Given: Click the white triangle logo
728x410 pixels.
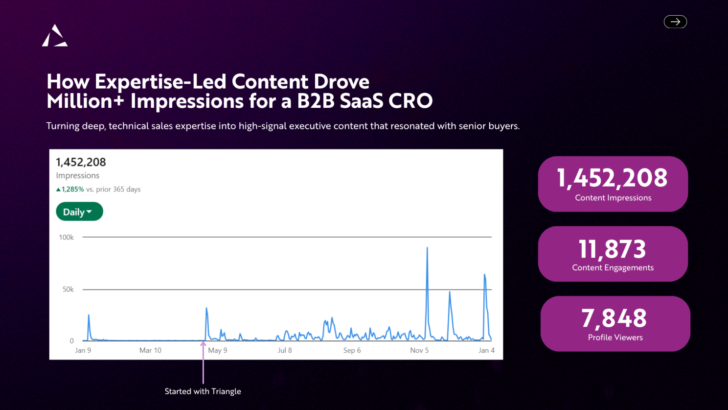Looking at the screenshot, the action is tap(55, 35).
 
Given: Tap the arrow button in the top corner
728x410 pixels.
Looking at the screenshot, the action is tap(675, 22).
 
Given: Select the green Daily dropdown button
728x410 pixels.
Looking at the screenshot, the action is tap(79, 212).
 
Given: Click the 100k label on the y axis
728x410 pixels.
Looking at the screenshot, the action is tap(67, 237).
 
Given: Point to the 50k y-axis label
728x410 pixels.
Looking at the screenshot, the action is tap(68, 289).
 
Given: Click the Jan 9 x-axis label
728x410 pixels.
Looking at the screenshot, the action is tap(83, 350).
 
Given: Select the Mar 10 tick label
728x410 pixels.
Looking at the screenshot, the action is tap(150, 350).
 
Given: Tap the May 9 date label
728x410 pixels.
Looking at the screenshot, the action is tap(218, 350).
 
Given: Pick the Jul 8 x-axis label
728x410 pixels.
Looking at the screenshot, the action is tap(285, 350).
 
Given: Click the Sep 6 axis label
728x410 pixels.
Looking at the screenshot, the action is tap(352, 350).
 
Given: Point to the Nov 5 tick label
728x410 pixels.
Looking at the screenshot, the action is tap(419, 350).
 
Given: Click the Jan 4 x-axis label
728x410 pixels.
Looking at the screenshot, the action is tap(486, 350).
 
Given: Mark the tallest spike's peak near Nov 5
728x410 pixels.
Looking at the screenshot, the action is tap(427, 248).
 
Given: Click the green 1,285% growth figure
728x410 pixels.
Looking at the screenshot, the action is tap(73, 190).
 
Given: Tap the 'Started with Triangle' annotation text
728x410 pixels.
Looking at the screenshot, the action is tap(203, 391).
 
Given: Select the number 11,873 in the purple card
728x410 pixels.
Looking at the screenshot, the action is tap(613, 249).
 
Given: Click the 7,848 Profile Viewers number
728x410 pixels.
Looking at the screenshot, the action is tap(614, 318).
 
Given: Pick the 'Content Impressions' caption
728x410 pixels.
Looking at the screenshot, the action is tap(614, 198).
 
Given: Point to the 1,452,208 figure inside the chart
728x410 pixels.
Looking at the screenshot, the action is tap(81, 162).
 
